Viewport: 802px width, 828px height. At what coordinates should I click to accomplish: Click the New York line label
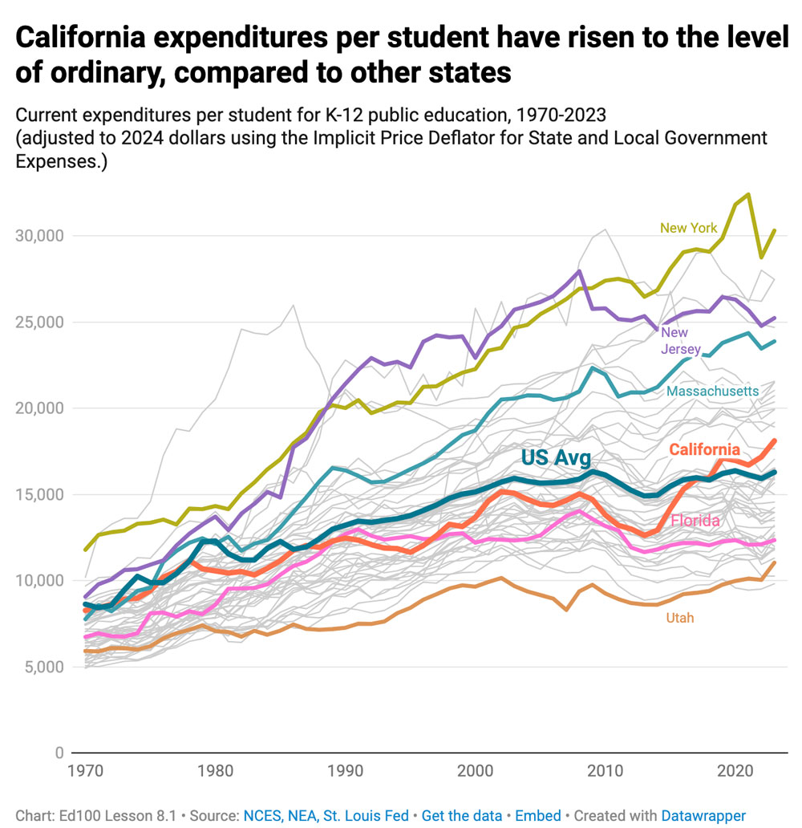(688, 228)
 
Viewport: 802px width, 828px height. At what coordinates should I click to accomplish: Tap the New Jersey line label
(680, 341)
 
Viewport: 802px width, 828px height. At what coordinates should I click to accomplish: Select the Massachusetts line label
(712, 392)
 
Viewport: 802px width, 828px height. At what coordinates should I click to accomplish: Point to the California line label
(704, 449)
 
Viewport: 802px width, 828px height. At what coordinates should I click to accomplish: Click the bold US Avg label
(555, 458)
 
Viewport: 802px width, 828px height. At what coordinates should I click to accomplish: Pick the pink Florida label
(695, 522)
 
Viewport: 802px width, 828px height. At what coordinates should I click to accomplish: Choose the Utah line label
(679, 618)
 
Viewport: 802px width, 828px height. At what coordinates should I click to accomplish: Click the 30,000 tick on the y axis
(39, 236)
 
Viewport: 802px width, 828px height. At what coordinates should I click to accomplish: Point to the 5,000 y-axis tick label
(43, 667)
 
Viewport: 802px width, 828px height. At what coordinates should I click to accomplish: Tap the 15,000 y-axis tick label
(39, 494)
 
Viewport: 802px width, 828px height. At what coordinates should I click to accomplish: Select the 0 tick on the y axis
(59, 753)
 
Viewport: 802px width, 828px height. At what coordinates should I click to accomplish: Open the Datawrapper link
(703, 815)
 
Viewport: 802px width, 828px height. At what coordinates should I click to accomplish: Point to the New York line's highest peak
(747, 194)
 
